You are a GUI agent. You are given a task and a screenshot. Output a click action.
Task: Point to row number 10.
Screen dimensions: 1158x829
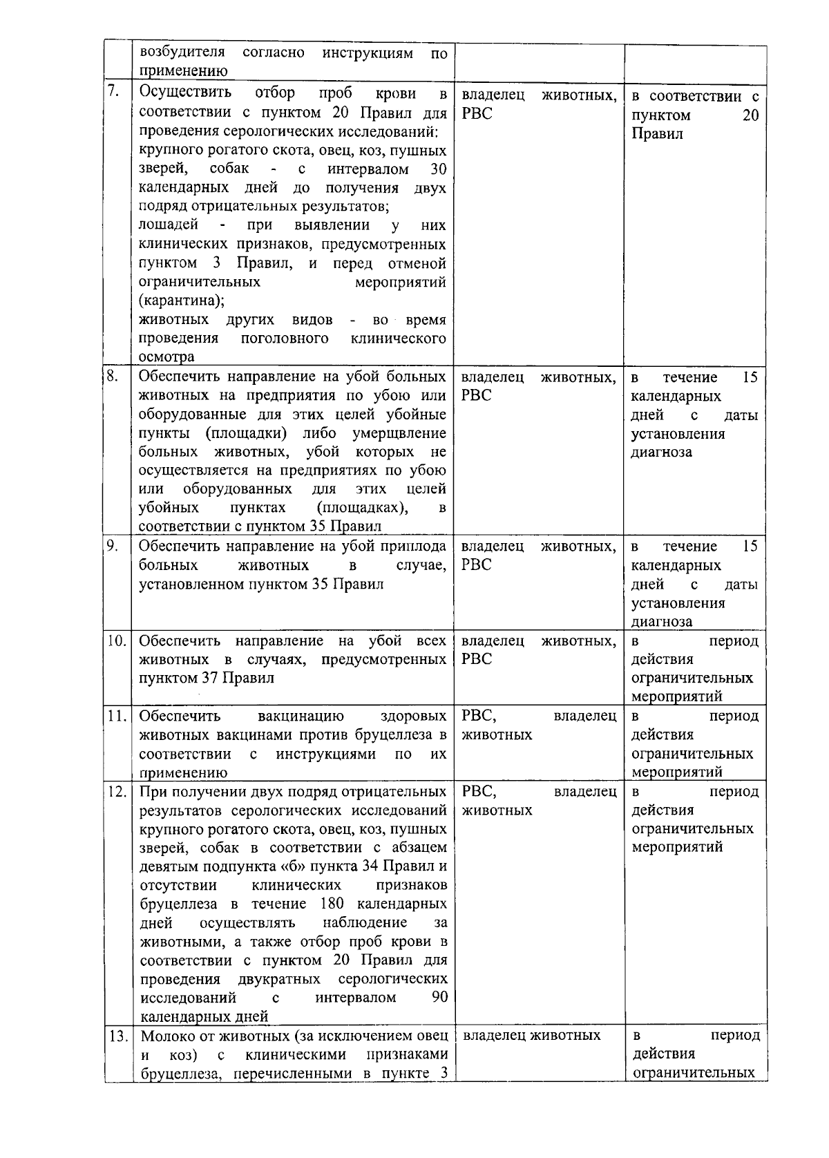click(x=117, y=640)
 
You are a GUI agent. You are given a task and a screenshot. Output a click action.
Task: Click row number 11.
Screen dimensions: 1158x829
click(x=117, y=716)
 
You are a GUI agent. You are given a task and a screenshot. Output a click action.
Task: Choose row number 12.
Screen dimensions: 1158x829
click(x=117, y=791)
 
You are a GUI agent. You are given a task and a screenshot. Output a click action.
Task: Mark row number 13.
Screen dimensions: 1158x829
click(x=117, y=1036)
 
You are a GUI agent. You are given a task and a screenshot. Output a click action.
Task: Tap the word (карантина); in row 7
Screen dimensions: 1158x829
click(x=181, y=301)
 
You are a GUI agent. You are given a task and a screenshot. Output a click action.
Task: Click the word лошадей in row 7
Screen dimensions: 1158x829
click(x=169, y=225)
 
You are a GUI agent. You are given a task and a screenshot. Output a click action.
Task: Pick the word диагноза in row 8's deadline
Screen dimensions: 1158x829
click(x=661, y=453)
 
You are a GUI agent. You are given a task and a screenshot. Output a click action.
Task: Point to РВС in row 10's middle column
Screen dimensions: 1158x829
click(x=477, y=659)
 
